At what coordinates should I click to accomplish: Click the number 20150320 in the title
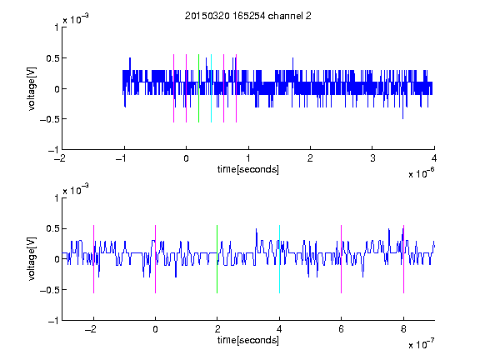click(207, 16)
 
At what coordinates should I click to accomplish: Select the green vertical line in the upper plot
click(198, 88)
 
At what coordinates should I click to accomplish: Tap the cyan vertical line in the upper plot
click(211, 88)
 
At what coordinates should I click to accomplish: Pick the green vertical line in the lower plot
click(217, 259)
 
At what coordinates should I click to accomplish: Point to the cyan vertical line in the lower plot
click(279, 259)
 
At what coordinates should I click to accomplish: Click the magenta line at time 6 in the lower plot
click(342, 259)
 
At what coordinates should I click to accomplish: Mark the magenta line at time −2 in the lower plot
click(93, 259)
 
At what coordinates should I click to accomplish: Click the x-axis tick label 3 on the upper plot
click(372, 158)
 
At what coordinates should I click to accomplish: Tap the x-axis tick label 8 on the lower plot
click(403, 329)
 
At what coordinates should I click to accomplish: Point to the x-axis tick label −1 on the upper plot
click(122, 158)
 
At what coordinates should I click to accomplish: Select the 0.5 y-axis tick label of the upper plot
click(52, 58)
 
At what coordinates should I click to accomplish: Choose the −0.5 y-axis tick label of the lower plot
click(49, 290)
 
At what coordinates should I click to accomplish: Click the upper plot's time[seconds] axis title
click(248, 169)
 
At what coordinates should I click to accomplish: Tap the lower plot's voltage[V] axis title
click(32, 259)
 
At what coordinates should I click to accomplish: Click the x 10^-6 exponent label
click(421, 173)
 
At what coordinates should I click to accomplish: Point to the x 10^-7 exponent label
click(421, 344)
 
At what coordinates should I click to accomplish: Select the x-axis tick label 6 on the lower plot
click(342, 329)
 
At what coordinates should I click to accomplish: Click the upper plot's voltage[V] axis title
click(32, 88)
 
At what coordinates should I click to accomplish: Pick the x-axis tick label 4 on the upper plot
click(434, 158)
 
